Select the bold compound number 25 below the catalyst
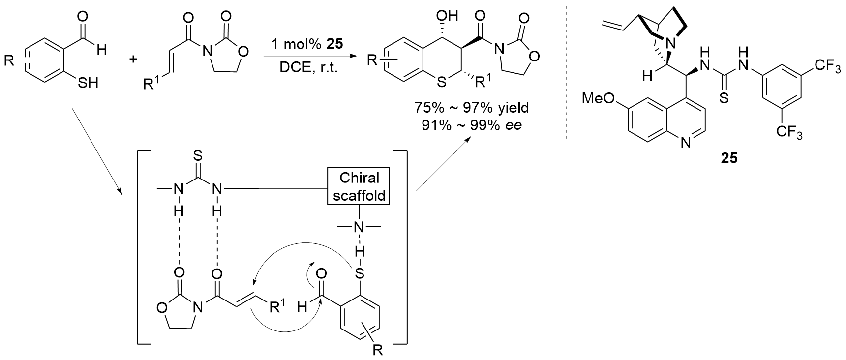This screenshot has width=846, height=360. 729,159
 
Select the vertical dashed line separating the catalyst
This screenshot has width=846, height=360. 567,71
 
